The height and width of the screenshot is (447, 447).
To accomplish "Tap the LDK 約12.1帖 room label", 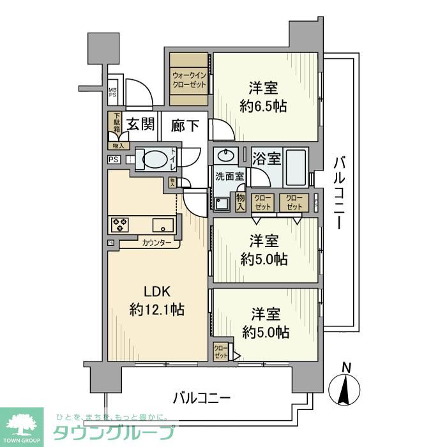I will (x=156, y=301).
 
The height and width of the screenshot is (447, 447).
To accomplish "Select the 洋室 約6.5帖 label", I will (x=263, y=98).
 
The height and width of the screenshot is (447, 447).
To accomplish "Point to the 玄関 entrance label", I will (x=140, y=125).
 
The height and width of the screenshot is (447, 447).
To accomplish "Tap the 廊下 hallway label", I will (x=186, y=125).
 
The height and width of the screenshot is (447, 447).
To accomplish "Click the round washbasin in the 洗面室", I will (x=225, y=156).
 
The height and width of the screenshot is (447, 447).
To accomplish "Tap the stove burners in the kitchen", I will (x=120, y=224).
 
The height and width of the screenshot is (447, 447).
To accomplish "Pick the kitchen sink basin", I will (x=162, y=224).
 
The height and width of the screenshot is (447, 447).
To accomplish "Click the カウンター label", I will (x=156, y=243).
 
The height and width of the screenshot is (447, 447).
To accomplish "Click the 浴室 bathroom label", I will (x=266, y=156).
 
